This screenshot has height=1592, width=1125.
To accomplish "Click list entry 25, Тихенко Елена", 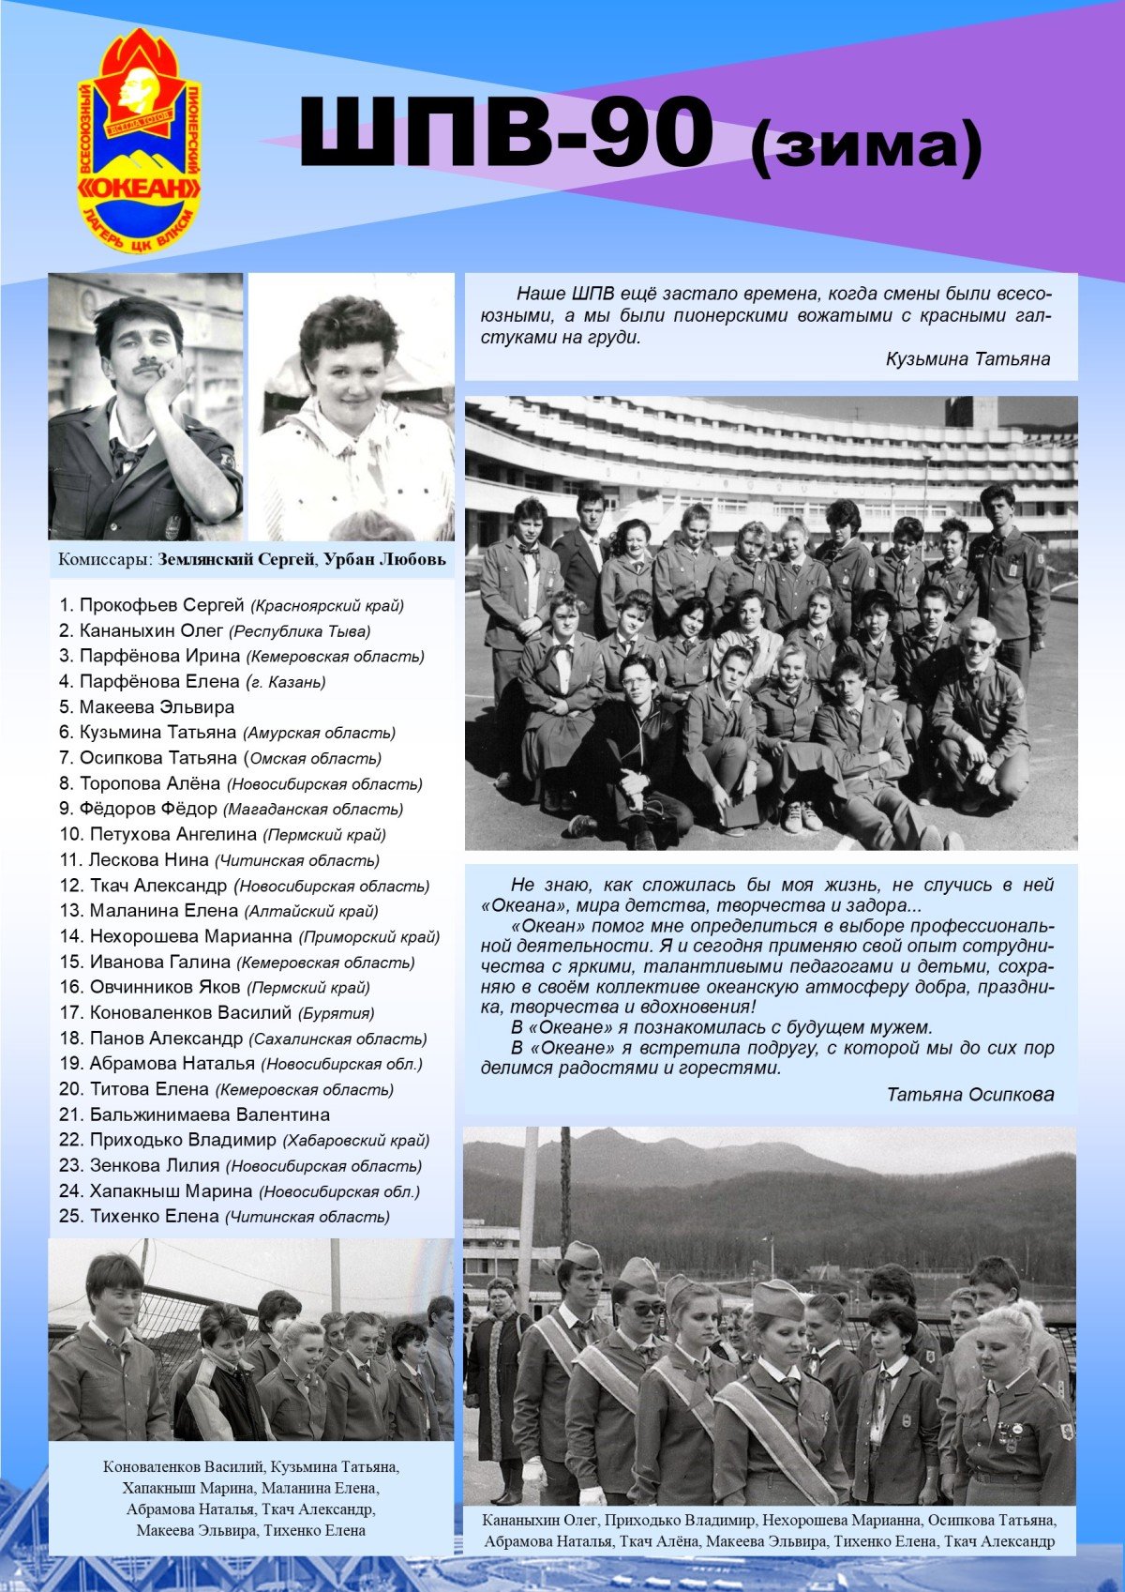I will click(x=154, y=1216).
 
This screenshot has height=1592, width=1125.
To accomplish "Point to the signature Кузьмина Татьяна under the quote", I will click(x=967, y=358).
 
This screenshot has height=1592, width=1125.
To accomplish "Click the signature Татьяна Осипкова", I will click(x=970, y=1094).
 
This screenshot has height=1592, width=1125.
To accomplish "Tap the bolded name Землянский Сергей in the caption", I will click(x=236, y=560).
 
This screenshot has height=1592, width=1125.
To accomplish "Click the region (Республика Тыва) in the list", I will click(x=300, y=631).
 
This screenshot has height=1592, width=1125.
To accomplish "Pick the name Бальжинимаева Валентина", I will click(x=209, y=1114).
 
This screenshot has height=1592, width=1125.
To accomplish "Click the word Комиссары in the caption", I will click(x=104, y=560).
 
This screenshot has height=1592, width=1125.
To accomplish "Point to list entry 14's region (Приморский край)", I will click(x=369, y=936).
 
